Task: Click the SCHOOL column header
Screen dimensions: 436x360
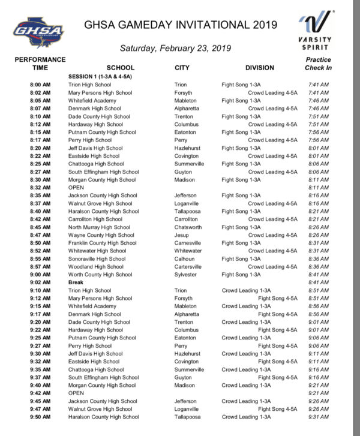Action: tap(120, 68)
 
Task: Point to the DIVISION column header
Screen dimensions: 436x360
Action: tap(259, 68)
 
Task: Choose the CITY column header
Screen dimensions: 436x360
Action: tap(182, 68)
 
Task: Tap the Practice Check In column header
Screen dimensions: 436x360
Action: tap(318, 64)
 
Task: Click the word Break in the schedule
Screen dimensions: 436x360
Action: tap(76, 282)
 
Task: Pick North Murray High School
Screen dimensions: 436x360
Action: tap(99, 227)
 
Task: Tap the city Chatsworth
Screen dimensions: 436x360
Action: tap(188, 227)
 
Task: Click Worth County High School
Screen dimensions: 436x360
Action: tap(100, 275)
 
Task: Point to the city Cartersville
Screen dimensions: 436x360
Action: tap(188, 267)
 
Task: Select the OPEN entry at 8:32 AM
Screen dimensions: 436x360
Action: tap(76, 188)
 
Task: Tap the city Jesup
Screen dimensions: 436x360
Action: tap(181, 235)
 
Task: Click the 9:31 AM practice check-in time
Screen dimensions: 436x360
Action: tap(318, 417)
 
